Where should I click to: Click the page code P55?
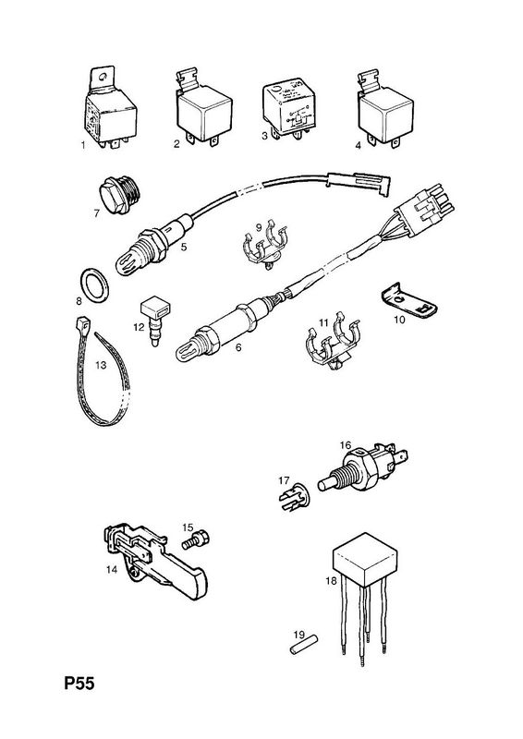click(x=79, y=683)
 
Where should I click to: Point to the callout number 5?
click(x=184, y=246)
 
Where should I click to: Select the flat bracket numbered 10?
click(x=408, y=303)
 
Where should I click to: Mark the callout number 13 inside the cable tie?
click(x=101, y=365)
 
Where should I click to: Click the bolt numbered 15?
click(x=195, y=539)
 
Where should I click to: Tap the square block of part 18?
click(x=365, y=561)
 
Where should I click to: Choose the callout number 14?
click(x=111, y=569)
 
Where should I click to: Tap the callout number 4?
click(x=358, y=146)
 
